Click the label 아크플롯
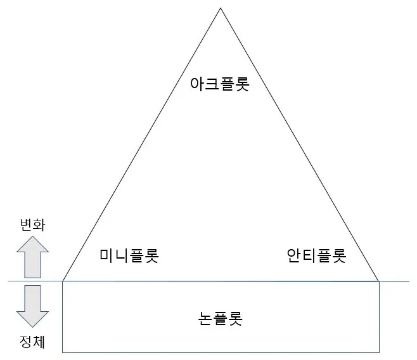pos(220,84)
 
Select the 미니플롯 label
pos(129,255)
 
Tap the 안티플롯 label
pos(316,256)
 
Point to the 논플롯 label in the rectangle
pos(221,318)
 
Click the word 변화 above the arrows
pos(32,225)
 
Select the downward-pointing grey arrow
pos(32,306)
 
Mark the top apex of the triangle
pos(221,8)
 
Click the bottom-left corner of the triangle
pos(63,281)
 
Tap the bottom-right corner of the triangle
pos(379,281)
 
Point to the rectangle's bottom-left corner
pos(63,352)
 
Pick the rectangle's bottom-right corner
pos(379,352)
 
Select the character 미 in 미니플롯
pos(107,255)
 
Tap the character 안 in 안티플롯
pos(294,256)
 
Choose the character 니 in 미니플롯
pos(122,255)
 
